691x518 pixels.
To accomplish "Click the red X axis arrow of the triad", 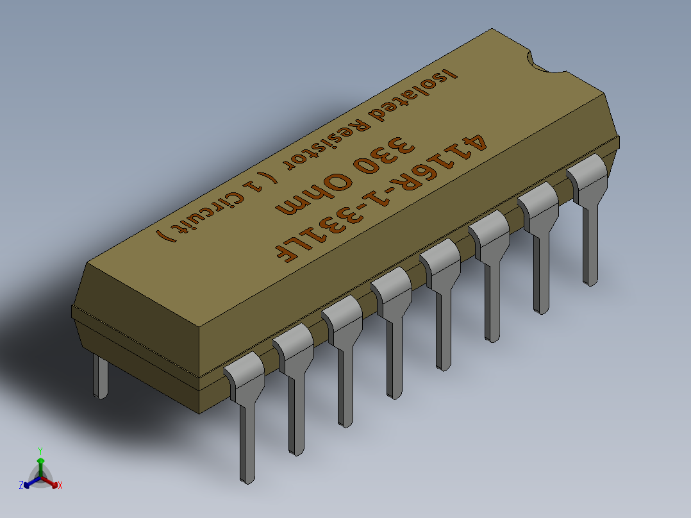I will pos(56,485).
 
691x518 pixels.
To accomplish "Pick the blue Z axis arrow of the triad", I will pos(26,485).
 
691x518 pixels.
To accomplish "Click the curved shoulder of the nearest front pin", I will pos(244,375).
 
